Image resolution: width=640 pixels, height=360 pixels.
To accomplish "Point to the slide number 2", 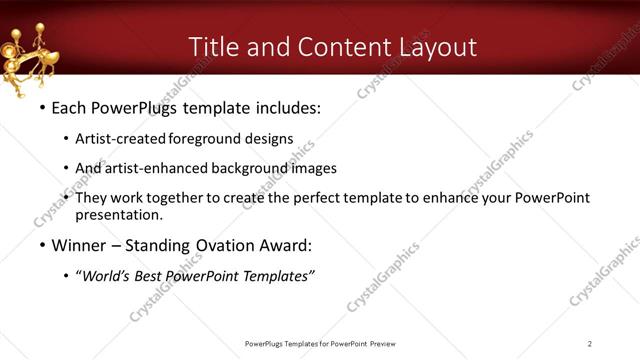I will [x=590, y=344].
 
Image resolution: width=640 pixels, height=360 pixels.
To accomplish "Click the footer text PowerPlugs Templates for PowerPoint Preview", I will [x=320, y=344].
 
